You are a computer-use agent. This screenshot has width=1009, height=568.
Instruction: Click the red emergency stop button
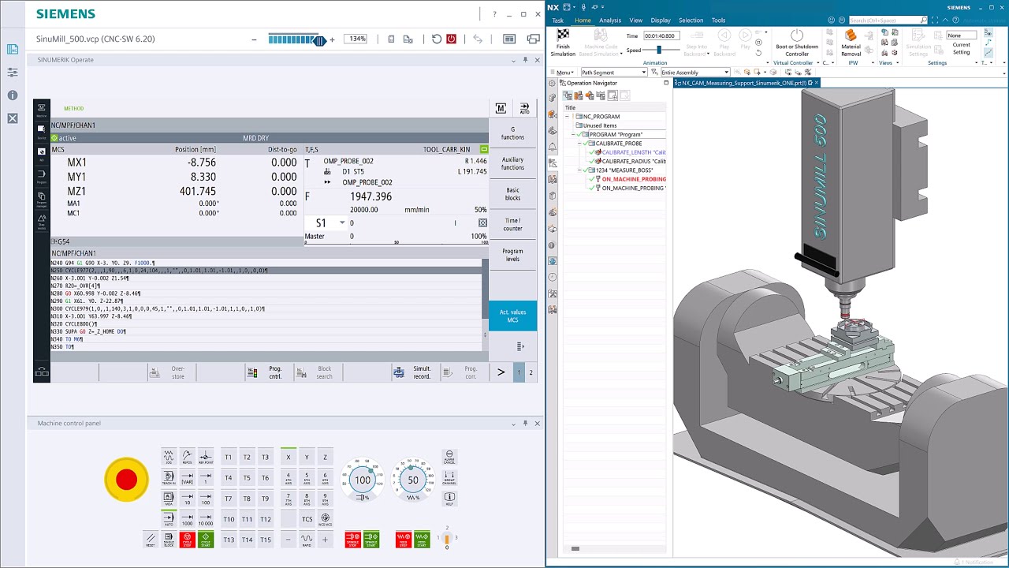point(126,480)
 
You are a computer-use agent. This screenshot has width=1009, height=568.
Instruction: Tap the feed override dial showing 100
point(362,480)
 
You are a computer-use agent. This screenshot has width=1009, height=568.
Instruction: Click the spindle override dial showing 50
point(412,480)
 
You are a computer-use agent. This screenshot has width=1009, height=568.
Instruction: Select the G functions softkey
point(512,133)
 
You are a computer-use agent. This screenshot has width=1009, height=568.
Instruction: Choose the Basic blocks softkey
point(512,194)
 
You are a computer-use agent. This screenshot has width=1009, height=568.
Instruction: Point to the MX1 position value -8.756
point(202,163)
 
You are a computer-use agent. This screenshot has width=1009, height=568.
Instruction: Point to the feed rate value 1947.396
point(370,196)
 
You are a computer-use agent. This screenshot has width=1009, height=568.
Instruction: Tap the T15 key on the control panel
point(265,540)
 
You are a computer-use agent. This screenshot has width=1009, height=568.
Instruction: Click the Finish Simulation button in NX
point(563,43)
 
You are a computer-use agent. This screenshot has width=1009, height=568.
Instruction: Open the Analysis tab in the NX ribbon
point(609,21)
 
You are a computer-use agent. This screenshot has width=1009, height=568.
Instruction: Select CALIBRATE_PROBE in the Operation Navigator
point(619,144)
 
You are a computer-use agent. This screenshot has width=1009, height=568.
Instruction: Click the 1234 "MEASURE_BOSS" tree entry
point(624,170)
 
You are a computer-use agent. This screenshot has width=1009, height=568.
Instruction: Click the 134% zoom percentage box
point(357,39)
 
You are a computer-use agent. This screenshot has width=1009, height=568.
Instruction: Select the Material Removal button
point(851,43)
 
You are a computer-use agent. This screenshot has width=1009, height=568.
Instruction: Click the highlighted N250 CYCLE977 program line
point(158,271)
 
